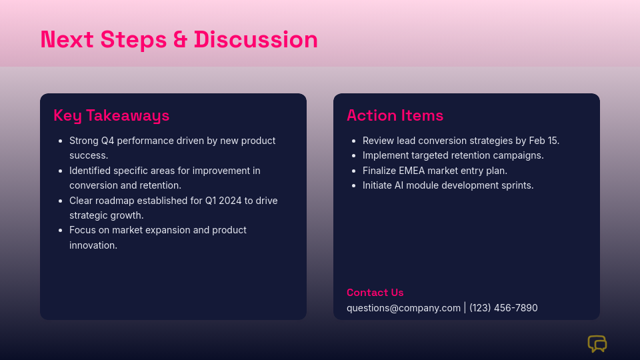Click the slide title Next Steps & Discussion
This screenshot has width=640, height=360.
click(x=179, y=39)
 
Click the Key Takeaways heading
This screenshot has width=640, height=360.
click(x=111, y=116)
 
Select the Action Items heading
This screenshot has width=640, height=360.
click(x=395, y=115)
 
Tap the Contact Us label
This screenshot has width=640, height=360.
click(x=375, y=293)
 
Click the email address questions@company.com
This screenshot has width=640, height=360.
click(x=403, y=308)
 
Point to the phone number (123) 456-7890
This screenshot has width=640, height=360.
click(x=503, y=308)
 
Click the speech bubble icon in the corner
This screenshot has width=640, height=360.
click(x=597, y=344)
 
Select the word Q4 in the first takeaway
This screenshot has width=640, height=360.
click(x=108, y=141)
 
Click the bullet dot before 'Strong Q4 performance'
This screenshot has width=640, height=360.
click(x=61, y=141)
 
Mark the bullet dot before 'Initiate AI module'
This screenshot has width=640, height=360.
click(x=354, y=186)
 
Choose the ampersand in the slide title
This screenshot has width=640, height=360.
click(x=180, y=39)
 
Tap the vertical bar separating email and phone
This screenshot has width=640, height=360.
click(x=465, y=308)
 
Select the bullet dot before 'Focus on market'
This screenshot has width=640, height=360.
click(x=61, y=231)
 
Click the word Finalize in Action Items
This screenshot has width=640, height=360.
click(x=379, y=171)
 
